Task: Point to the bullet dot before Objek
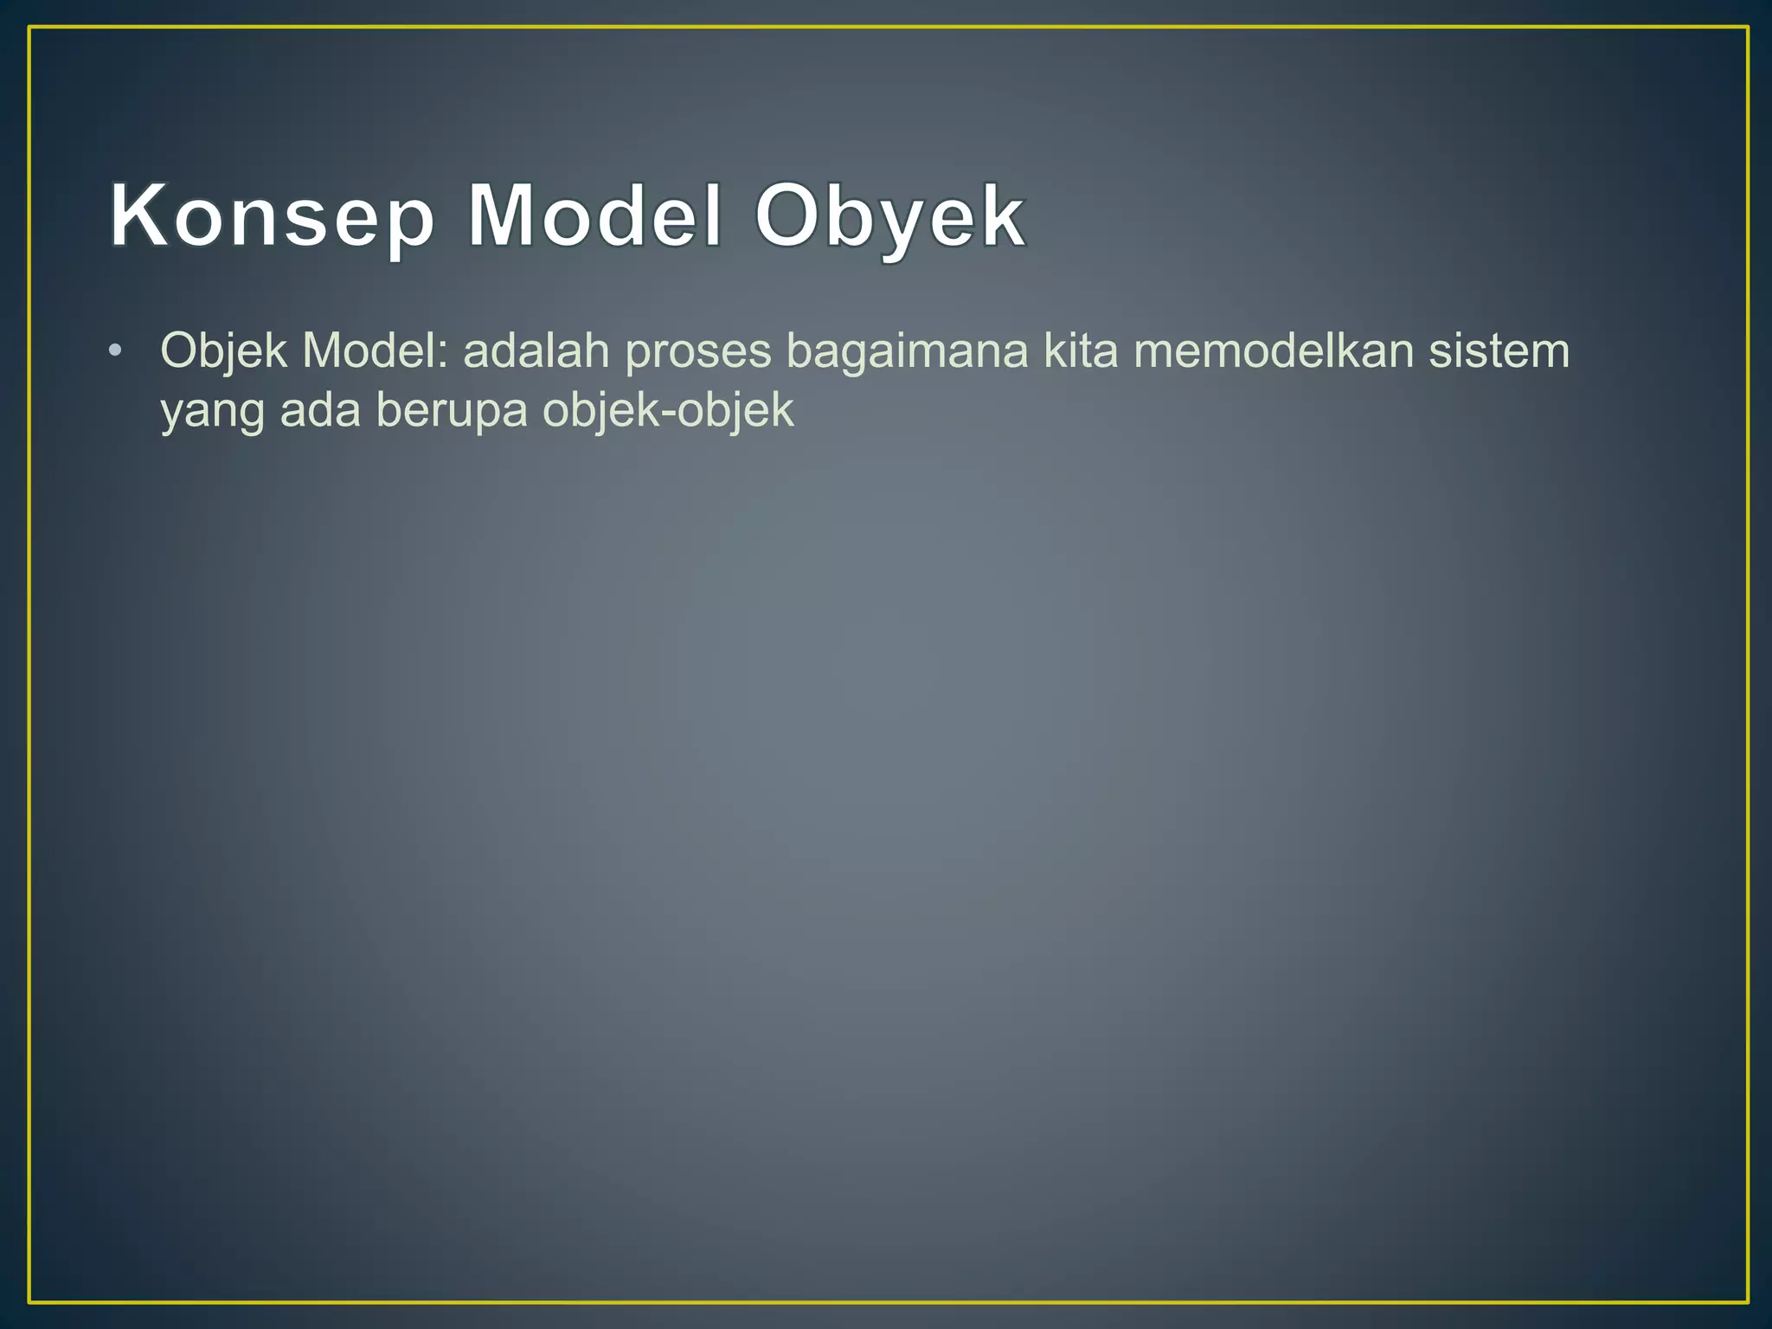pos(115,351)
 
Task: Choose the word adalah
pos(536,351)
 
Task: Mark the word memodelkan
pos(1274,351)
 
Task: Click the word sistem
pos(1499,351)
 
